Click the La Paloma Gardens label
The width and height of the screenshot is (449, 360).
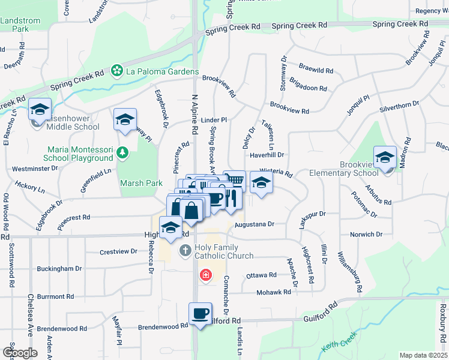tap(162, 71)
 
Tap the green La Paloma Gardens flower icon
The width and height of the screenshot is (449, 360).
tap(118, 71)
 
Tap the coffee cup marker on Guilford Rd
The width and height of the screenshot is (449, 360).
tap(200, 313)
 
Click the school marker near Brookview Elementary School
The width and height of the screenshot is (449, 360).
tap(384, 157)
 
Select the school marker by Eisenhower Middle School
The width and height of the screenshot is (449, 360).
tap(40, 109)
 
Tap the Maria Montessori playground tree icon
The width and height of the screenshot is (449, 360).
tap(123, 152)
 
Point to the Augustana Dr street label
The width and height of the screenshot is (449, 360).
tap(254, 224)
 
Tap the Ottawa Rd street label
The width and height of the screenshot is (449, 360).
tap(261, 275)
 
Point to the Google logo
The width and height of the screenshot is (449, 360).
tap(20, 353)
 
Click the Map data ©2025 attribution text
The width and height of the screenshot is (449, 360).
tap(423, 355)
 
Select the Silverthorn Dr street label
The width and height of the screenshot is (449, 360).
tap(399, 106)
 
